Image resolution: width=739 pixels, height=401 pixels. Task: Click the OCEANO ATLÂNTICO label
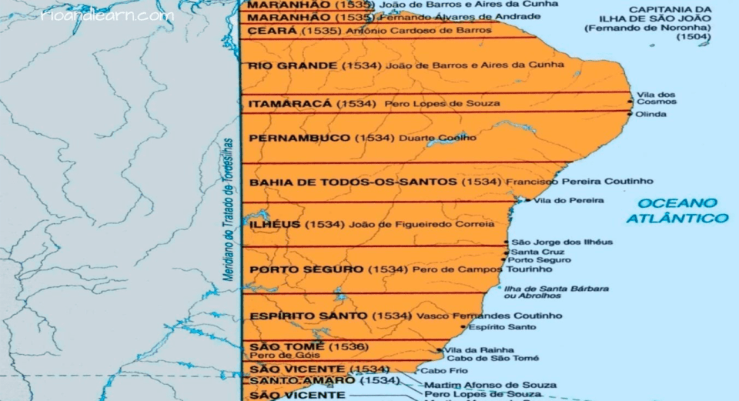(x=677, y=210)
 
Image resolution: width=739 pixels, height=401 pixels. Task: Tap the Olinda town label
(x=650, y=115)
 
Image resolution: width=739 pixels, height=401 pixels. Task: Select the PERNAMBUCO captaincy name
(x=299, y=139)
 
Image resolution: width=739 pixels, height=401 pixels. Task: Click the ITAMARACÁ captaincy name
(x=289, y=103)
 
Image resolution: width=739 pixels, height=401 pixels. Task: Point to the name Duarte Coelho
(x=437, y=139)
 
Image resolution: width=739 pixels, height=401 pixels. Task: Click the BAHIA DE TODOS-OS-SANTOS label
(x=353, y=182)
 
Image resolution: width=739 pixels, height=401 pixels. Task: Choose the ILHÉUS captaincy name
(x=275, y=225)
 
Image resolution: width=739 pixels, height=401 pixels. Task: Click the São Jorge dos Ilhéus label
(x=562, y=242)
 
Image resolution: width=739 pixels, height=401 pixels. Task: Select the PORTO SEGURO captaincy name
(x=306, y=270)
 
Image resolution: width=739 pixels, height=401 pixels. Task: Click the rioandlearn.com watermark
(x=107, y=15)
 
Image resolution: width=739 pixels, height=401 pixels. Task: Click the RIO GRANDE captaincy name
(x=292, y=66)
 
